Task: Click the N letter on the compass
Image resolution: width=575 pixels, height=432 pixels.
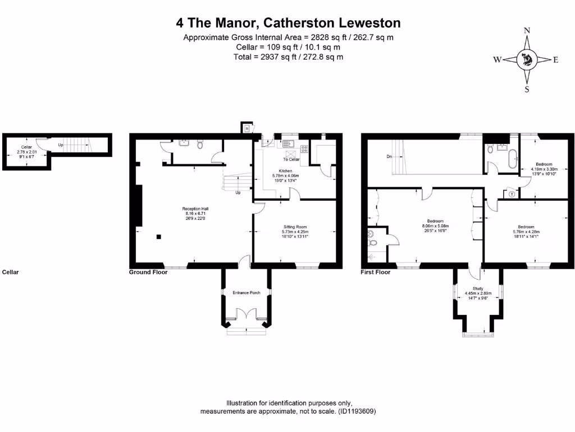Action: pos(527,31)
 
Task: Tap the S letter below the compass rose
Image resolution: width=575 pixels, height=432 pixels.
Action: pos(527,89)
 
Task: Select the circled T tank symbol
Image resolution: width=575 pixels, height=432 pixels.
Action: pos(512,194)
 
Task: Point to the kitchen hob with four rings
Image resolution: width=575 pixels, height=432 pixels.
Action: pos(304,149)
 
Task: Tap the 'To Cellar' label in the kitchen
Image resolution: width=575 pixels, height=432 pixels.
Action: pos(291,160)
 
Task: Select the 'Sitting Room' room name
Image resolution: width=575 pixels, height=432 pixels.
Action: pos(295,227)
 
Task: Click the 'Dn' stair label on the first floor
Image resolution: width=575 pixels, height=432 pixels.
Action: pos(388,157)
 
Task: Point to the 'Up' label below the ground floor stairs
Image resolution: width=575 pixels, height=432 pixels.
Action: pos(238,192)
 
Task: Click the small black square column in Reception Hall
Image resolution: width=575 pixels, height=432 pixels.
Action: pos(159,236)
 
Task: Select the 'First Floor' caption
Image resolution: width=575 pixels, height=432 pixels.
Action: pos(375,272)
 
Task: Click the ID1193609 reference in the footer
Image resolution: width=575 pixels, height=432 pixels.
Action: pos(357,411)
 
